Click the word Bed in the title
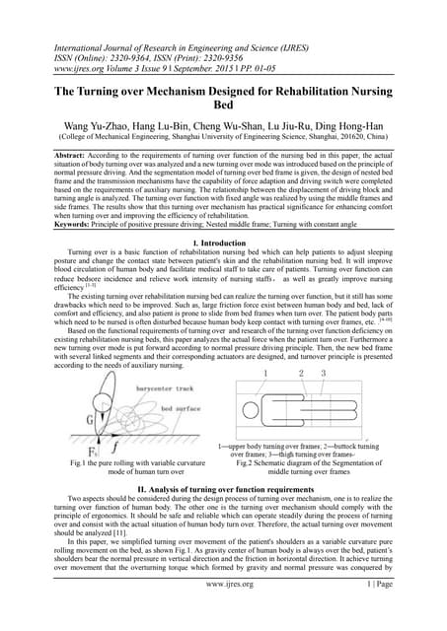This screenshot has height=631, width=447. point(223,107)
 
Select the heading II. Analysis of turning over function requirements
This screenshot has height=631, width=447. point(223,489)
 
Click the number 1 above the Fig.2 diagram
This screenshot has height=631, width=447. point(264,374)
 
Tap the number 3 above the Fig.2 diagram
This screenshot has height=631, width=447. point(323,374)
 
